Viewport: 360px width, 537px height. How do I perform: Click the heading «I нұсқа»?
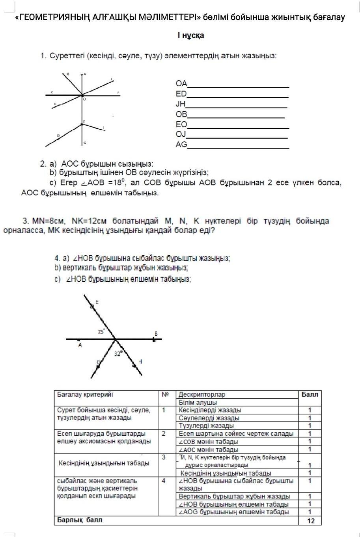(190, 36)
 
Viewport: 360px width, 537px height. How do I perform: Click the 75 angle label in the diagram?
(101, 332)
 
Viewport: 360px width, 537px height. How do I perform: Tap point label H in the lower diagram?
(140, 361)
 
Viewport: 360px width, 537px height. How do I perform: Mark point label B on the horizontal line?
(156, 333)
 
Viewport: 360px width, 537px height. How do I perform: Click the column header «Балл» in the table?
(310, 394)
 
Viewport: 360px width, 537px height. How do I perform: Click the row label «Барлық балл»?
(80, 520)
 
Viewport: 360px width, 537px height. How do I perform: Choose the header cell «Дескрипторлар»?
(202, 394)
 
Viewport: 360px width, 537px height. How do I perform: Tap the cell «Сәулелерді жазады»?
(209, 418)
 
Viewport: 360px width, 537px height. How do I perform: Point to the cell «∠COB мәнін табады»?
(208, 441)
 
